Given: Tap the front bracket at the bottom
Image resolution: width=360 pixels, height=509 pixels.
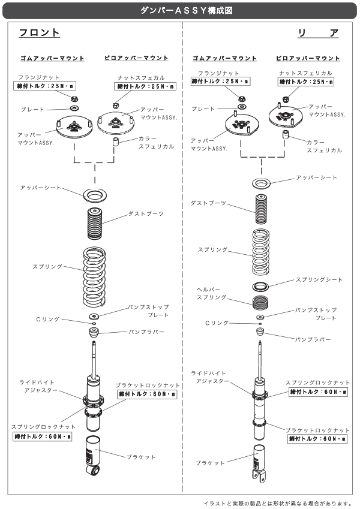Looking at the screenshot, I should click(92, 459).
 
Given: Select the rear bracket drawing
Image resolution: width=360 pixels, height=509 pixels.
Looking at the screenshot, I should click(259, 465).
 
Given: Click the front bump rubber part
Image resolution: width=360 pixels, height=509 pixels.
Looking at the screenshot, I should click(93, 332).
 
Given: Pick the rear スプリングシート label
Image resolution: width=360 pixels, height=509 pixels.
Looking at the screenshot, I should click(319, 280).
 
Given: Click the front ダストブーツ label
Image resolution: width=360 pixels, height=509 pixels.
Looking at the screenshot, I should click(146, 214).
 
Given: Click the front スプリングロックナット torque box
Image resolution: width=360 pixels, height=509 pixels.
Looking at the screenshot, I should click(42, 436).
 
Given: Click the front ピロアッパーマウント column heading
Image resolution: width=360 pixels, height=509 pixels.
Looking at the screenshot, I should click(136, 58).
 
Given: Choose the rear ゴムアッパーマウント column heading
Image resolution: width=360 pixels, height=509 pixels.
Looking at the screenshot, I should click(224, 58).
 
